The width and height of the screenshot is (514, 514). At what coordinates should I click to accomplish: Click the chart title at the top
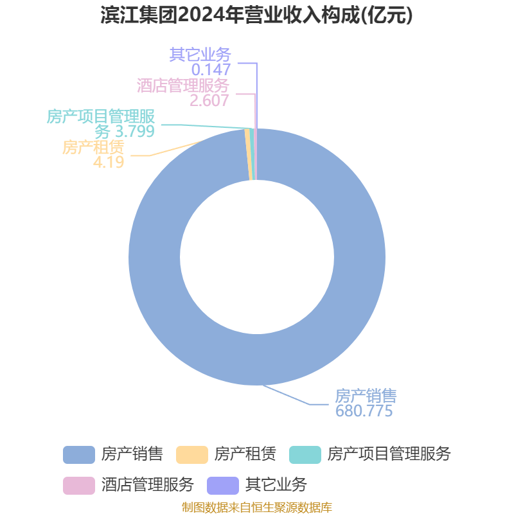click(x=256, y=15)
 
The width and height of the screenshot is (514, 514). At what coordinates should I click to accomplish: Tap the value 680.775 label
click(x=364, y=411)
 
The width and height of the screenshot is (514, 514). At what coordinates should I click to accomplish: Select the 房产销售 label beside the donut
click(x=366, y=396)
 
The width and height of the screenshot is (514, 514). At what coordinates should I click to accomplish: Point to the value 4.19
click(x=109, y=162)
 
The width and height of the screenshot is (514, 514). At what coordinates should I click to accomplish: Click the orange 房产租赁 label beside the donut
click(x=93, y=147)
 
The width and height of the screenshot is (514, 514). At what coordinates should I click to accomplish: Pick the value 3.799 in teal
click(x=135, y=131)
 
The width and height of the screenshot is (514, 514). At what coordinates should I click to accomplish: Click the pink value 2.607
click(x=209, y=101)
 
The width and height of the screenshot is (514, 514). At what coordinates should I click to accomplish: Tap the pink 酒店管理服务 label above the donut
click(x=183, y=85)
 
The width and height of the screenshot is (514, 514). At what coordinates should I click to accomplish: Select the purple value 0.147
click(x=211, y=69)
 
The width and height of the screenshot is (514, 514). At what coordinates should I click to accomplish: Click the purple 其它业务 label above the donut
click(x=200, y=55)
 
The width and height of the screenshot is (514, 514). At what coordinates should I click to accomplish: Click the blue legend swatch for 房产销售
click(x=79, y=455)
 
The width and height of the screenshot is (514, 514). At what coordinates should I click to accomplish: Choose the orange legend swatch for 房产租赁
click(x=192, y=455)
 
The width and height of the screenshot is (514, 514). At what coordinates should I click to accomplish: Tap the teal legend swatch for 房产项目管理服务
click(x=305, y=455)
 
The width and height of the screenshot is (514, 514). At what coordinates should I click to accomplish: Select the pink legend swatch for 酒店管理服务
click(x=79, y=486)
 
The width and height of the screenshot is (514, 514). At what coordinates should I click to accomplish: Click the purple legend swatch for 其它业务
click(x=223, y=486)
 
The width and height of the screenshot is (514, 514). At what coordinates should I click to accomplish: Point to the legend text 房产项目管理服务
click(x=389, y=454)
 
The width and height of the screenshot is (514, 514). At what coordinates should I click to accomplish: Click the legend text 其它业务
click(x=276, y=485)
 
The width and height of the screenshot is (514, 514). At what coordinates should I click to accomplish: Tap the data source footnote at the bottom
click(x=257, y=507)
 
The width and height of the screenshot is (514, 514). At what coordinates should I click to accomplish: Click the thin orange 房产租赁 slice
click(x=249, y=154)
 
